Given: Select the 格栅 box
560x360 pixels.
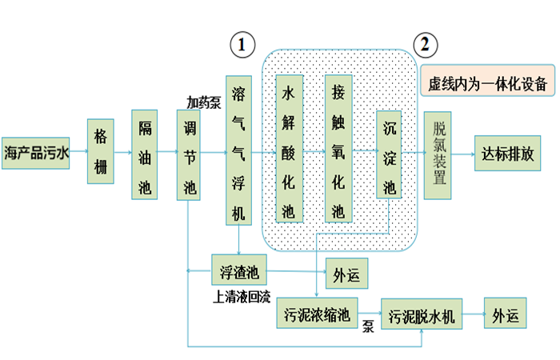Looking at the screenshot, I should point(100,152).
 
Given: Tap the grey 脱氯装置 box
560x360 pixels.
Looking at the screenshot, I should point(439,152).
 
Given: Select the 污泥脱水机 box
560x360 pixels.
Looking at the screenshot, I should point(422,315).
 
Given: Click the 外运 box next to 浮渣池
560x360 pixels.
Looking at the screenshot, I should point(346,275).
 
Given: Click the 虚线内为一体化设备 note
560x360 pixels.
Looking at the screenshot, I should point(486,83).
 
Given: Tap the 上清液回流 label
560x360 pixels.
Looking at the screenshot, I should point(241,296).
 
